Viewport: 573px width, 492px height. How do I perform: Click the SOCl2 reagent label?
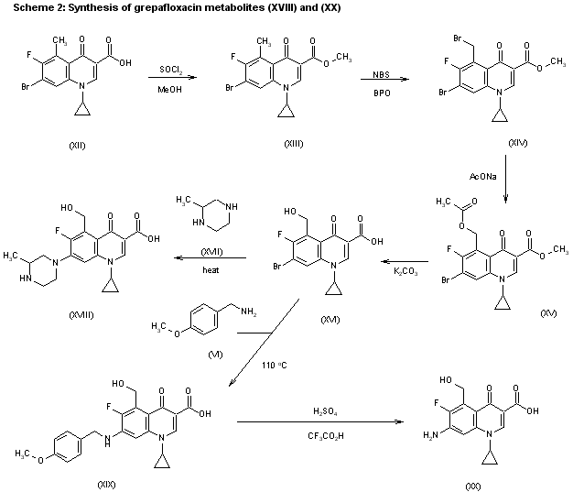coord(170,70)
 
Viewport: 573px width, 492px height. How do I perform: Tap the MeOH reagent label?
coord(169,90)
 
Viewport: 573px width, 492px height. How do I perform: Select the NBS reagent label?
coord(381,74)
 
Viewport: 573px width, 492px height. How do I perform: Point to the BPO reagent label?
coord(382,93)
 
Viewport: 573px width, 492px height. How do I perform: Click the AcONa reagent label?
coord(482,177)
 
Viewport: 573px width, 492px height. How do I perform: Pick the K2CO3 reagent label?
coord(405,272)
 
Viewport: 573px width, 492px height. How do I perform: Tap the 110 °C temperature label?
coord(274,365)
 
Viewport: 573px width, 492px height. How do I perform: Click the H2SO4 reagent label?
coord(325,412)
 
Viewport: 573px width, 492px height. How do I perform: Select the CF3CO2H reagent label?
coord(326,436)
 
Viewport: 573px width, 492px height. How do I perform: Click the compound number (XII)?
coord(77,146)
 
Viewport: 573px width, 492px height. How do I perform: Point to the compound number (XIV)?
coord(518,143)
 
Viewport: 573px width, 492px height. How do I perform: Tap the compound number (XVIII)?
coord(81,315)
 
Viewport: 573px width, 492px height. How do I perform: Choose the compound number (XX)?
coord(473,487)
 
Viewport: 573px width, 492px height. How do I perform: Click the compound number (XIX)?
coord(106,485)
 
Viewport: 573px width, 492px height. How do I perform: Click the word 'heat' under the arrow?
coord(211,270)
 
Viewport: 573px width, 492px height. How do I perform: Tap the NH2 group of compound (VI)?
coord(248,312)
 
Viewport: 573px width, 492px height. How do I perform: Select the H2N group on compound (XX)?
coord(430,435)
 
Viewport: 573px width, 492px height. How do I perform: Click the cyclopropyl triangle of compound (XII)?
coord(82,110)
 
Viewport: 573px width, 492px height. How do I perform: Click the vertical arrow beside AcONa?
coord(506,179)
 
